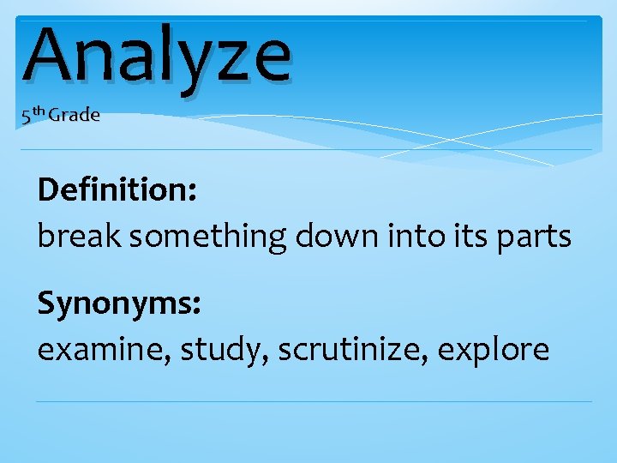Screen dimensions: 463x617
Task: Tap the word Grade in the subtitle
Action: [x=74, y=115]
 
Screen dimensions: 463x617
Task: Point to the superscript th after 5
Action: [x=38, y=111]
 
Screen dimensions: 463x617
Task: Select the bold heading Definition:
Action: [x=117, y=189]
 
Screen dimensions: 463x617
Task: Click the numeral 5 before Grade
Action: [x=27, y=117]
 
